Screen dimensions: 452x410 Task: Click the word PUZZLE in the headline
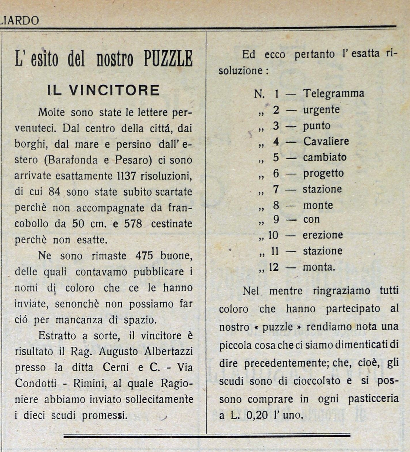click(168, 58)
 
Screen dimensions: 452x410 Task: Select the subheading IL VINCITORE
click(103, 90)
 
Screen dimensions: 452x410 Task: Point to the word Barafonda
click(73, 160)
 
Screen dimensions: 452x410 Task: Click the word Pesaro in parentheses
click(133, 160)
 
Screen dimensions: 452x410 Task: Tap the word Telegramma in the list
click(334, 93)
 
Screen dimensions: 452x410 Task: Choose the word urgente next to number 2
click(321, 110)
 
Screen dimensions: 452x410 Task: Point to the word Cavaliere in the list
click(326, 141)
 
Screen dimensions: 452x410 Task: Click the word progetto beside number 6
click(323, 173)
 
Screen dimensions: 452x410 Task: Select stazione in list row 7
click(322, 189)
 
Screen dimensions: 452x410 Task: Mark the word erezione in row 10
click(322, 235)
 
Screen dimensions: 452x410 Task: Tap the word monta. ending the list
click(319, 267)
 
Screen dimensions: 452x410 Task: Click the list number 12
click(273, 267)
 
